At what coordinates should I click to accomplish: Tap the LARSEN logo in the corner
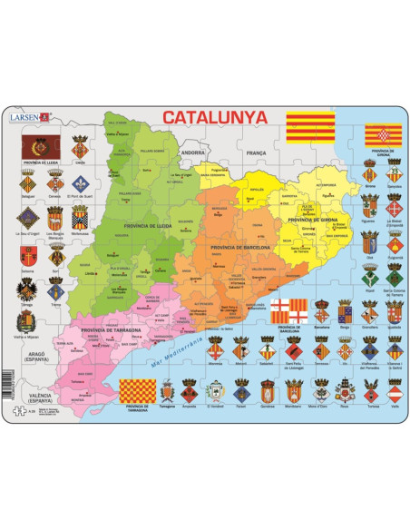25,116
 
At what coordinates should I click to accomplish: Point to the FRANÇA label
245,154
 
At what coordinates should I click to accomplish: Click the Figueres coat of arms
368,208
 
